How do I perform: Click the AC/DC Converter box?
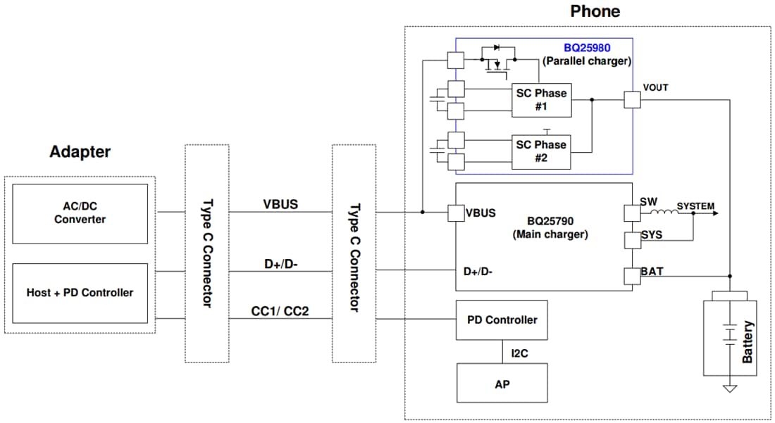point(80,213)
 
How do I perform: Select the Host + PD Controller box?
point(80,293)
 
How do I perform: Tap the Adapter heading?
point(80,151)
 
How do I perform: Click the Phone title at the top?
point(595,11)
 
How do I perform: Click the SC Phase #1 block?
point(540,100)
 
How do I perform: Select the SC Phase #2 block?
point(540,151)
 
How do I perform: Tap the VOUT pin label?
point(655,88)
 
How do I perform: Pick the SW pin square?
point(632,213)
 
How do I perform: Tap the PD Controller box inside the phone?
point(502,320)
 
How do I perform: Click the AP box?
point(502,383)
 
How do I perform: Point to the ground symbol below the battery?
point(730,388)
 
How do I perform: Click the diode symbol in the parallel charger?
point(497,48)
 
